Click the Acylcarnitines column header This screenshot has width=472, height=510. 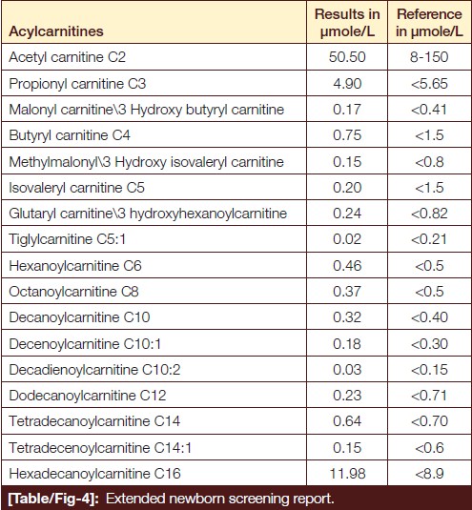pyautogui.click(x=56, y=31)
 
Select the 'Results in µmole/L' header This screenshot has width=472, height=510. pyautogui.click(x=347, y=23)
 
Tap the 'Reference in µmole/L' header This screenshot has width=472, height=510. pyautogui.click(x=429, y=23)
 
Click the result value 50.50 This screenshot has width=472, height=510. pyautogui.click(x=347, y=57)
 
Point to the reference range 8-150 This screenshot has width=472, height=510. pyautogui.click(x=429, y=57)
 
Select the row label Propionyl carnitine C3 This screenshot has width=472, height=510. pyautogui.click(x=77, y=84)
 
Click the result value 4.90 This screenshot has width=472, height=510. pyautogui.click(x=347, y=84)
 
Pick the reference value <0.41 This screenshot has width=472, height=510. pyautogui.click(x=429, y=110)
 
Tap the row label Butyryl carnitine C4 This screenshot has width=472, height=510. pyautogui.click(x=70, y=135)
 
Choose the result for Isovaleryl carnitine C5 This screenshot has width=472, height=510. pyautogui.click(x=347, y=188)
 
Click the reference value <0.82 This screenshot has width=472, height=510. pyautogui.click(x=429, y=214)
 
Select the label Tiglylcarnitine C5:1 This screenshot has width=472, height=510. pyautogui.click(x=67, y=239)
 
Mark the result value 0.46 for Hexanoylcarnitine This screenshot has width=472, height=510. pyautogui.click(x=347, y=266)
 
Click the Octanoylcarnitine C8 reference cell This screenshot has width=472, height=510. pyautogui.click(x=429, y=292)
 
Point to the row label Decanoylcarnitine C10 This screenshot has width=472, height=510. pyautogui.click(x=79, y=317)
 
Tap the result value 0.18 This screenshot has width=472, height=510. pyautogui.click(x=347, y=344)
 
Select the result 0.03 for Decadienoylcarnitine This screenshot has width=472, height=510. pyautogui.click(x=347, y=370)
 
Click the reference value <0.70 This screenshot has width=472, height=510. pyautogui.click(x=429, y=421)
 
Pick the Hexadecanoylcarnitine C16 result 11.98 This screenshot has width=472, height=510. pyautogui.click(x=347, y=474)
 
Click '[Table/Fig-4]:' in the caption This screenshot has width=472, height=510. pyautogui.click(x=53, y=499)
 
